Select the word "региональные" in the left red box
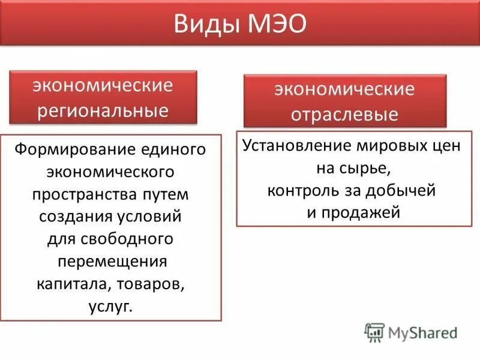(x=103, y=110)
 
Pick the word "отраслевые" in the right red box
(x=344, y=114)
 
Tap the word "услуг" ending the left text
(x=109, y=307)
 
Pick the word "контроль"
(x=297, y=191)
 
